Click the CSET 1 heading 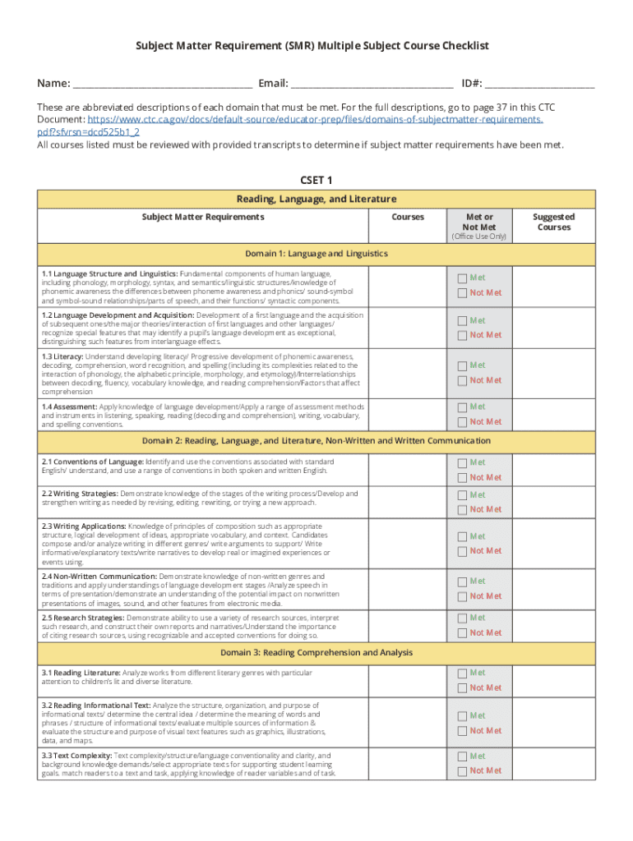click(316, 181)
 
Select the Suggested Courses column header click(553, 222)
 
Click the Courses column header click(408, 217)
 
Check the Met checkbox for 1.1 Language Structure click(462, 278)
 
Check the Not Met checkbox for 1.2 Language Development click(462, 335)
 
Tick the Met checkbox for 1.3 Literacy click(462, 365)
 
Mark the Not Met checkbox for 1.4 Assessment click(462, 421)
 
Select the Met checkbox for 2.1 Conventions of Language click(462, 462)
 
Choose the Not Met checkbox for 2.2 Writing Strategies click(462, 509)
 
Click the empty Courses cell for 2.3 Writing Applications click(408, 543)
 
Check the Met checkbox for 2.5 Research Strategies click(462, 618)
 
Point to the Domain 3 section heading click(316, 653)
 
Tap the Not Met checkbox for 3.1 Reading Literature click(462, 688)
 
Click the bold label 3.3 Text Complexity click(76, 756)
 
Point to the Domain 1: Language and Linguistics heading click(316, 253)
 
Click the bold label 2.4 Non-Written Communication click(99, 577)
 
